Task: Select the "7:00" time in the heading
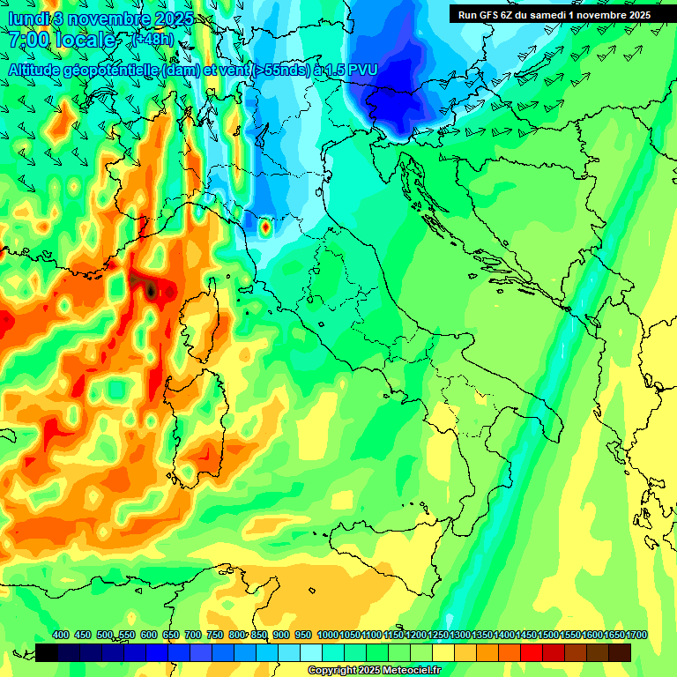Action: point(28,40)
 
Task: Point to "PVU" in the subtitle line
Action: point(361,69)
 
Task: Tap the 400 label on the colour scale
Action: point(61,635)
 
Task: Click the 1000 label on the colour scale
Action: point(328,635)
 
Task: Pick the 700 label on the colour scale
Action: point(193,635)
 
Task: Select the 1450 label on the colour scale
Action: point(526,635)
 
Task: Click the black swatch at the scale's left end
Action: point(47,652)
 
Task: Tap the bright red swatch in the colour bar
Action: point(532,652)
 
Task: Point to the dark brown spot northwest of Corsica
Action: point(151,288)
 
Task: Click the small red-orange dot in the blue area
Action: point(265,227)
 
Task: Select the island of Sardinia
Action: point(199,414)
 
